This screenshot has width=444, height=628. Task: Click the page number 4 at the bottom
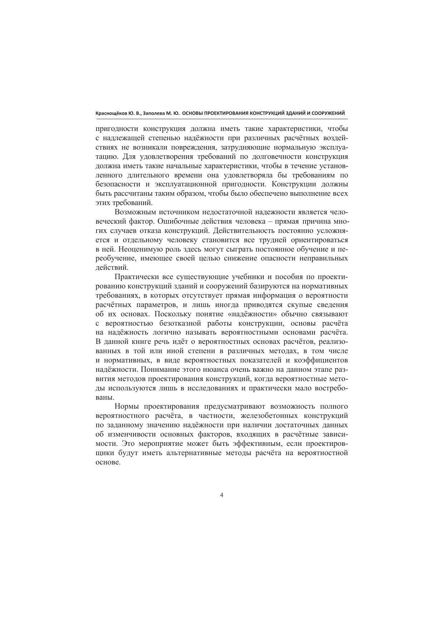pos(222,495)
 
